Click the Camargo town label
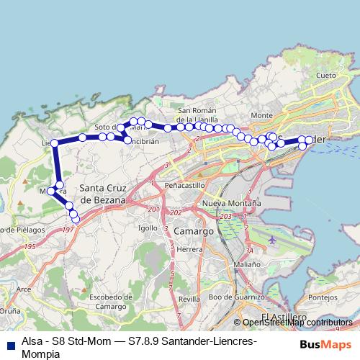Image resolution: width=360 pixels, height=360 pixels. point(194,232)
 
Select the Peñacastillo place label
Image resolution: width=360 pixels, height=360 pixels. point(185,185)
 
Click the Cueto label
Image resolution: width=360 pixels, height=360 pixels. point(325,75)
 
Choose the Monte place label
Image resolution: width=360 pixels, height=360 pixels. point(262,115)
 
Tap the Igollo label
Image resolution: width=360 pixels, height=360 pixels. point(148,228)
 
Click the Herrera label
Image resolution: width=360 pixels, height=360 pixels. point(189,249)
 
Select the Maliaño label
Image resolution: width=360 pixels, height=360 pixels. point(247,264)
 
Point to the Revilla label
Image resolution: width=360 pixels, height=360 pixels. point(189,298)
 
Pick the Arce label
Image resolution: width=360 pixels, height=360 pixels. point(23,289)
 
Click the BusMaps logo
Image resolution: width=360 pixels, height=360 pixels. point(325,345)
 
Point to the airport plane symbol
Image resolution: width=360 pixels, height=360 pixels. point(271,238)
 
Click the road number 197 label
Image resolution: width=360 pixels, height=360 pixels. point(68,229)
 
